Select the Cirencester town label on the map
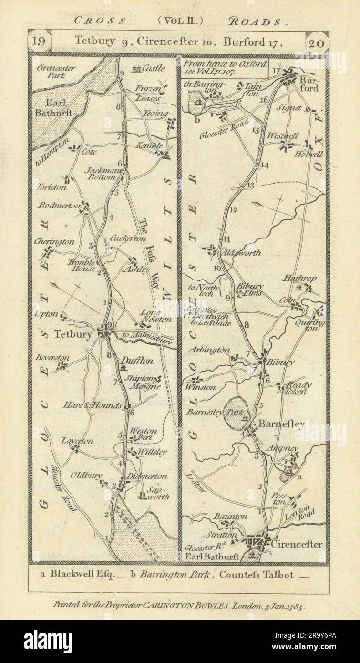tap(295, 544)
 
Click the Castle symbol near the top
tap(140, 69)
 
